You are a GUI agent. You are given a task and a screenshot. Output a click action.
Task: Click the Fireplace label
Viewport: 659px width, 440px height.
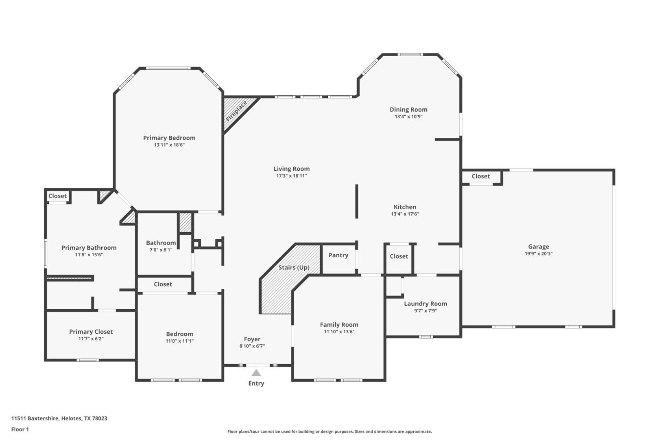click(x=236, y=111)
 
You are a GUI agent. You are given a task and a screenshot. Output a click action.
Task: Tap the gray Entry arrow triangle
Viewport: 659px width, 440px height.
click(x=256, y=373)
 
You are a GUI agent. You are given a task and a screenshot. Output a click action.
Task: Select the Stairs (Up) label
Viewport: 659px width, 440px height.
click(x=294, y=268)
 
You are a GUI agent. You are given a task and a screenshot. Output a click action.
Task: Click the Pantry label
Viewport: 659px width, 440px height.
click(x=338, y=255)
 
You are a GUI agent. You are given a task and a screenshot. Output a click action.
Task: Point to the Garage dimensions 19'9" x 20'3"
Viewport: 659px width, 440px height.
click(x=539, y=253)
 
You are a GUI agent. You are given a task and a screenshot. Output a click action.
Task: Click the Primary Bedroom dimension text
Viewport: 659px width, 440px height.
click(x=169, y=145)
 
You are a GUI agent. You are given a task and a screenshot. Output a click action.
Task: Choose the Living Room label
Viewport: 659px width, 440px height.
click(x=292, y=169)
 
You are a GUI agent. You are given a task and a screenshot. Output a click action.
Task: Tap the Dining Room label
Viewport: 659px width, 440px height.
click(x=409, y=110)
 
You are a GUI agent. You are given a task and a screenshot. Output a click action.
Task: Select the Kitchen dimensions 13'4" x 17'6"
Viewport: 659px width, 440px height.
click(x=405, y=214)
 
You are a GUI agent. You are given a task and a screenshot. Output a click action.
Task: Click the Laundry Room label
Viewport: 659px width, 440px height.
click(x=426, y=304)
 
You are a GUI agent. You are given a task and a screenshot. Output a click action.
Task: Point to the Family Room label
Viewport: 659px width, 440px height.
click(x=339, y=324)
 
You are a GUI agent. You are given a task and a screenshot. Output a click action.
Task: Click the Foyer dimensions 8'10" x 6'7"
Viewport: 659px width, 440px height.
click(x=252, y=346)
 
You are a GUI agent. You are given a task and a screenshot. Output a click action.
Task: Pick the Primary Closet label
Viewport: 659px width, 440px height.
click(x=91, y=332)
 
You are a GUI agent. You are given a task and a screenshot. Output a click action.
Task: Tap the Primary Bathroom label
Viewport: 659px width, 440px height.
click(x=89, y=248)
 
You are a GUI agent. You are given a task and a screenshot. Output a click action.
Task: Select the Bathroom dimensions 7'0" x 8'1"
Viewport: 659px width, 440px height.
click(x=161, y=250)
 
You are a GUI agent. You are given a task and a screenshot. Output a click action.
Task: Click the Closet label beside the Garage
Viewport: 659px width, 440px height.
click(x=481, y=176)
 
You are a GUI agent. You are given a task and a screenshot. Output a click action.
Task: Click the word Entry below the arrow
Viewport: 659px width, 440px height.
click(x=256, y=383)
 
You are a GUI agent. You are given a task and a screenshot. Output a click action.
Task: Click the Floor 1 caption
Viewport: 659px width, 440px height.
click(x=20, y=429)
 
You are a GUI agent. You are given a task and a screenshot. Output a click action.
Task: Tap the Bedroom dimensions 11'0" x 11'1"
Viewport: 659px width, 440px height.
click(x=179, y=341)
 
